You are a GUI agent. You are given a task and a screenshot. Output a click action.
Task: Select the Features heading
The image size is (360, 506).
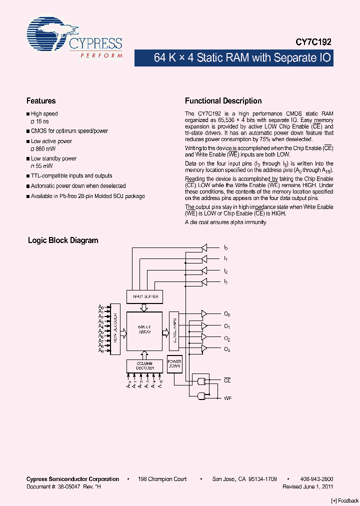[x=41, y=100]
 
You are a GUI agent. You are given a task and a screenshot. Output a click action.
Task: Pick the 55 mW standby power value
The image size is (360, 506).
[x=44, y=165]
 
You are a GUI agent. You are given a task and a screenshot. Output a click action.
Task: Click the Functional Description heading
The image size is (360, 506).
[x=223, y=100]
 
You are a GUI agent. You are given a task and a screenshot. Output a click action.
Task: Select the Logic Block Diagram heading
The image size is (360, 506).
[x=63, y=240]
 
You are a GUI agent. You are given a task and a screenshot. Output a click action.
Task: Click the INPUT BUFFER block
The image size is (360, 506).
[x=145, y=296]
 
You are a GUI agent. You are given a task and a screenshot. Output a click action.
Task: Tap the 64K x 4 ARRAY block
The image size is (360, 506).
[x=144, y=330]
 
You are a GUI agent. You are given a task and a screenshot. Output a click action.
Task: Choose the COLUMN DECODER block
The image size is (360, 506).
[x=144, y=366]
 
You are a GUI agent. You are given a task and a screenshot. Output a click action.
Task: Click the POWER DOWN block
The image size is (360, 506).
[x=174, y=363]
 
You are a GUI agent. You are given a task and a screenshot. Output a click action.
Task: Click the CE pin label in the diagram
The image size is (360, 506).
[x=227, y=381]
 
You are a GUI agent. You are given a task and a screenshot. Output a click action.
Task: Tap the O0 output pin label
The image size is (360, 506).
[x=227, y=314]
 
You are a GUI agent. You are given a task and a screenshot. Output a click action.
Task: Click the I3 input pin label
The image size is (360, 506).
[x=226, y=282]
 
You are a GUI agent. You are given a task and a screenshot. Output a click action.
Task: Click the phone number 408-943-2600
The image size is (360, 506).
[x=317, y=479]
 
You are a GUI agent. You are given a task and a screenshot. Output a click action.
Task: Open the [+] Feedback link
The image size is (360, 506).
[x=344, y=500]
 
